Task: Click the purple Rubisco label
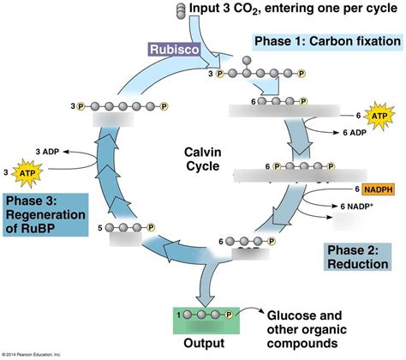pyautogui.click(x=173, y=50)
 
